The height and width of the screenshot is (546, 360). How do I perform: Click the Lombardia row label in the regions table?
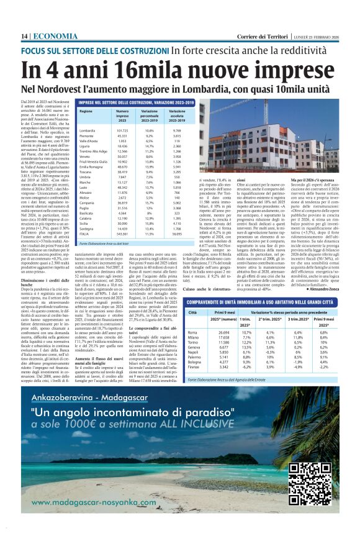tap(88, 131)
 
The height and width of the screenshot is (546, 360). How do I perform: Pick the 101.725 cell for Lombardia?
tap(122, 131)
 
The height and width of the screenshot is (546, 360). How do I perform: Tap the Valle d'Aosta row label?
tap(91, 141)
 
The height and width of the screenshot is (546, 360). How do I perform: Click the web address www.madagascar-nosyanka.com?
tap(90, 503)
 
